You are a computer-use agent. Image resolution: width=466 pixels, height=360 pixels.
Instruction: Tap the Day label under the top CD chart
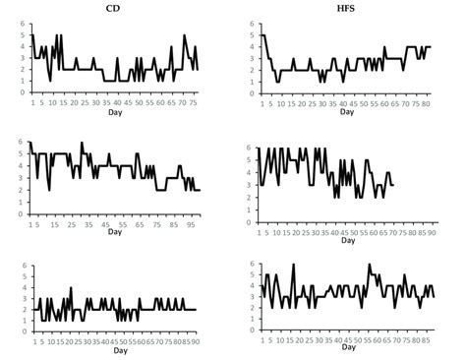click(116, 110)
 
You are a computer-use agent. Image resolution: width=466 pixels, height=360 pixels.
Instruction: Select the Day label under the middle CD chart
click(115, 231)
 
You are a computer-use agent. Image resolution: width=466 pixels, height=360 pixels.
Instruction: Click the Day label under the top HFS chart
click(346, 110)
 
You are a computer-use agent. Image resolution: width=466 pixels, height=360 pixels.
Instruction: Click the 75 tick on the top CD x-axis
click(195, 101)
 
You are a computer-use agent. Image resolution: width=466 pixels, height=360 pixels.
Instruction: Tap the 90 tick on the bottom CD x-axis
click(196, 341)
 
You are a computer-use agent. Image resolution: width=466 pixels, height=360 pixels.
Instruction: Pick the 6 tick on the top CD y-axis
click(26, 23)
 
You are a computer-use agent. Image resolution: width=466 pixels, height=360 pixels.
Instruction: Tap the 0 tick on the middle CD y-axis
click(26, 213)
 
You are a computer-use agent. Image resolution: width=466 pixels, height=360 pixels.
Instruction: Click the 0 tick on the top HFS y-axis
click(254, 93)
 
